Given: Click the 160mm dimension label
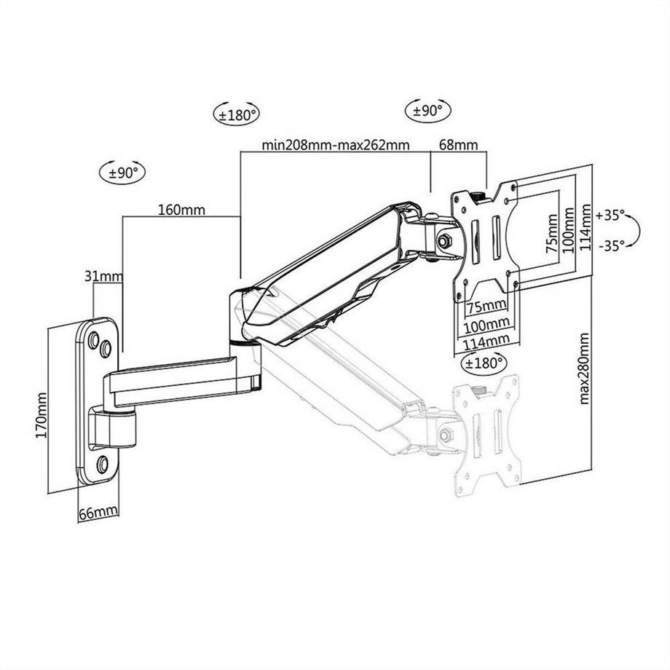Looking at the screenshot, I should [x=181, y=210].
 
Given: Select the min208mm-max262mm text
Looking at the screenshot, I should [x=336, y=145].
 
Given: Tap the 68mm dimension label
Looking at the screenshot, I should [x=458, y=145].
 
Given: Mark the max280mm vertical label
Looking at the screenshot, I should [x=585, y=368].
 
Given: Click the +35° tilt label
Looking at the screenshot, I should [x=610, y=216].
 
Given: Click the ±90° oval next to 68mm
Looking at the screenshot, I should [x=428, y=111].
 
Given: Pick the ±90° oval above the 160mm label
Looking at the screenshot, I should [x=122, y=173].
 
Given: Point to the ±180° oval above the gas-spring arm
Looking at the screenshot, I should [x=237, y=114].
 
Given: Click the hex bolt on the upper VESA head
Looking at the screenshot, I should [x=444, y=240].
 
